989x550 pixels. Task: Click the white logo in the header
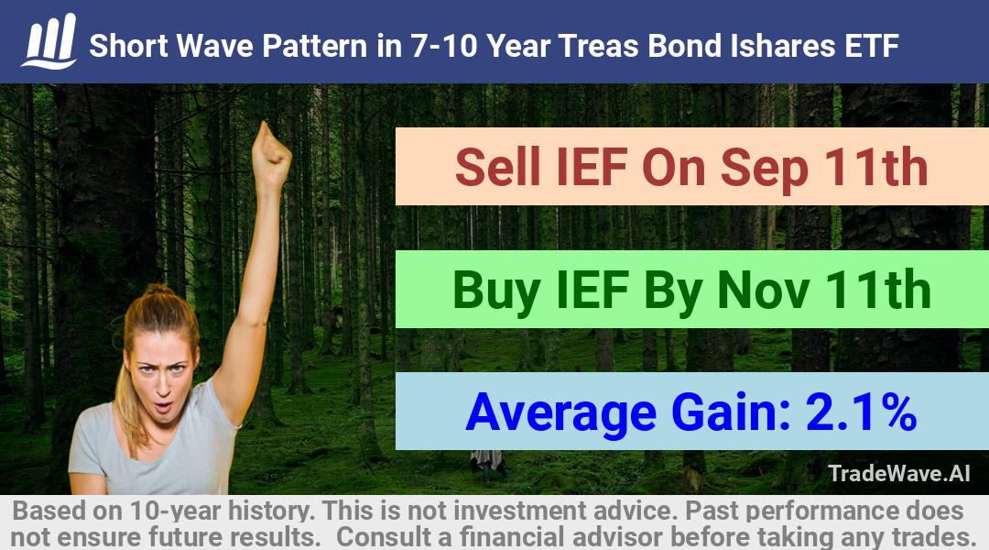[49, 41]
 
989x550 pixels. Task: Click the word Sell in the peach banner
[497, 168]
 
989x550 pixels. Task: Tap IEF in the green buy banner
[592, 290]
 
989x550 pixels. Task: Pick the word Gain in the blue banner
[732, 412]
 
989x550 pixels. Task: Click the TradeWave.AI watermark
[899, 473]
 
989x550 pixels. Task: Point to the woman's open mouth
[163, 405]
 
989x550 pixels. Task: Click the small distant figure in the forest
[487, 464]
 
